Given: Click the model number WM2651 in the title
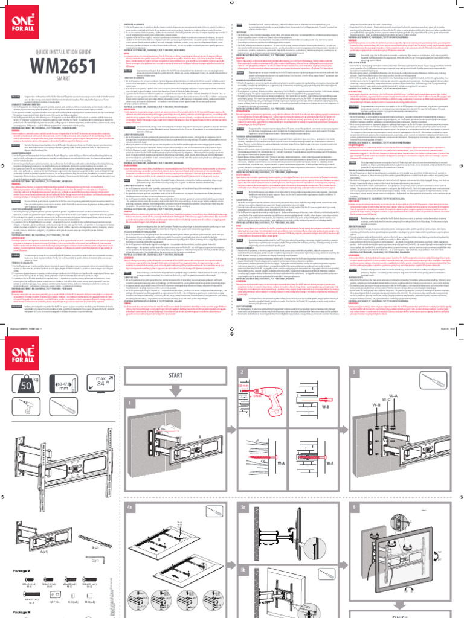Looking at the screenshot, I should click(x=55, y=65).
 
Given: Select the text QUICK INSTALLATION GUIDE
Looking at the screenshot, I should click(x=57, y=53).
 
